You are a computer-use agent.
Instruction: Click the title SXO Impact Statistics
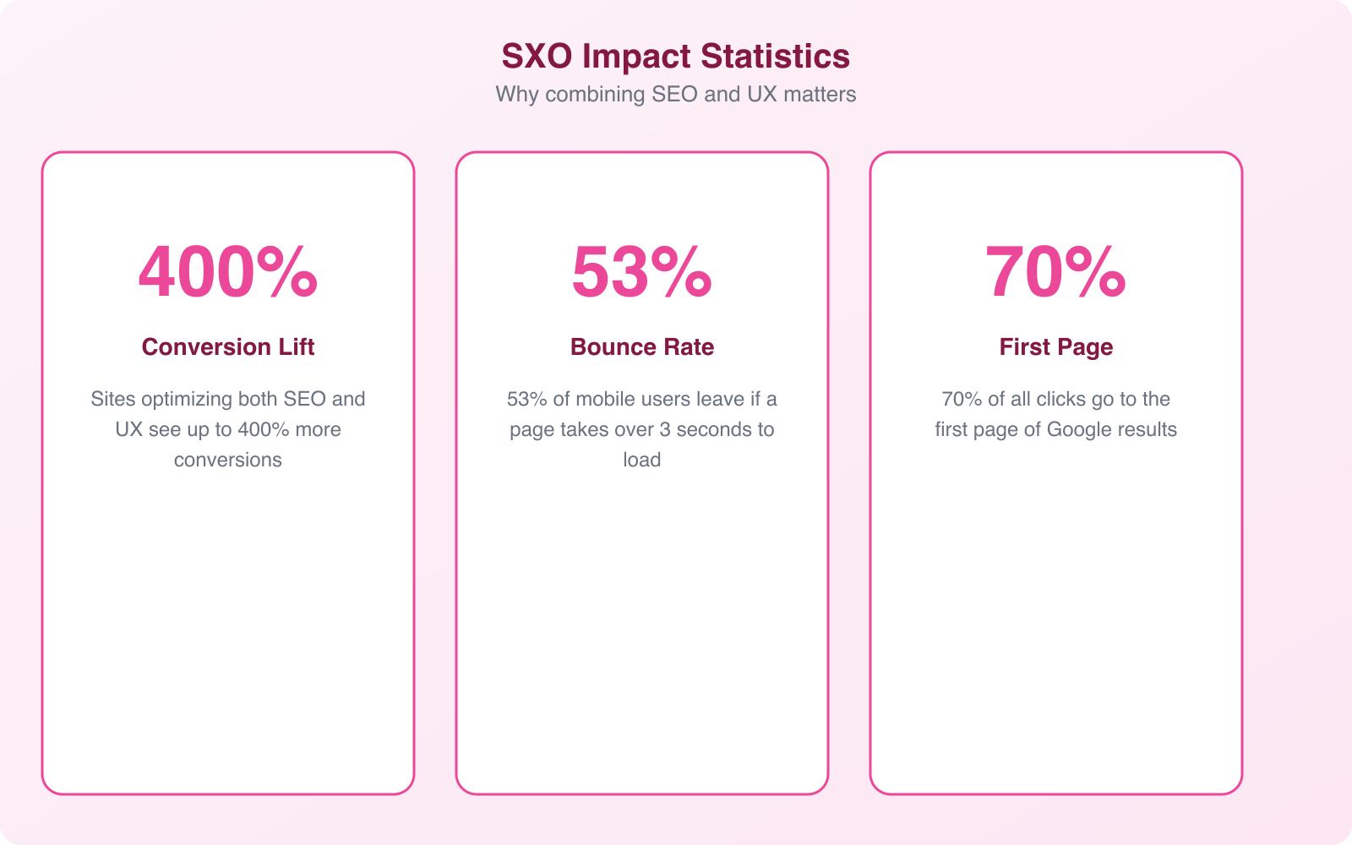(675, 57)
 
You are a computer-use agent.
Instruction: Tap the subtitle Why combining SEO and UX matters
(675, 94)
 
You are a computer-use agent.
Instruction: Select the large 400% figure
(228, 272)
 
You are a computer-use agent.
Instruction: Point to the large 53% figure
(642, 272)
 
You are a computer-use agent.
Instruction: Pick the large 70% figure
(1055, 272)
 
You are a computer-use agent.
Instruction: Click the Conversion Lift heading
(228, 346)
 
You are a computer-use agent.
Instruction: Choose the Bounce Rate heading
(642, 346)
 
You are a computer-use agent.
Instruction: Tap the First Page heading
(1055, 346)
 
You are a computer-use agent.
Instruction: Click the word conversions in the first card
(228, 460)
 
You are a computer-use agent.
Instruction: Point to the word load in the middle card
(642, 460)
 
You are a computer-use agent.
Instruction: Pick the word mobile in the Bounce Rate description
(606, 399)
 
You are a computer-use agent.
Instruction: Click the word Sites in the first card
(113, 399)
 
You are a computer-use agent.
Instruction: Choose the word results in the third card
(1146, 429)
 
